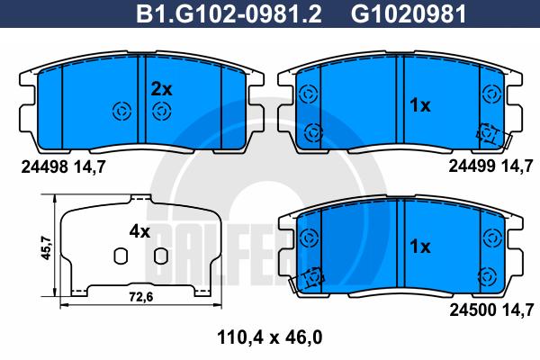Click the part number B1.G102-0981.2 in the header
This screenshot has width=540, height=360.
(x=229, y=13)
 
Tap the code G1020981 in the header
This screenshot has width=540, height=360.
(x=409, y=13)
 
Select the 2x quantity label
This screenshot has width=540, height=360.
(x=161, y=90)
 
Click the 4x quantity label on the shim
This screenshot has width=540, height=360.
(x=139, y=231)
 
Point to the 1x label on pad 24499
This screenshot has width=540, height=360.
(x=419, y=105)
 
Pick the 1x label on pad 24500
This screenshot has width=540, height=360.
(x=420, y=247)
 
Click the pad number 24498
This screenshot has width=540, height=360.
(x=45, y=167)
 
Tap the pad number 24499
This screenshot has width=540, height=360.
(x=472, y=166)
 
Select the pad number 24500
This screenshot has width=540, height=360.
(x=472, y=310)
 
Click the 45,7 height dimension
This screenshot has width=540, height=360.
(x=46, y=247)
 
